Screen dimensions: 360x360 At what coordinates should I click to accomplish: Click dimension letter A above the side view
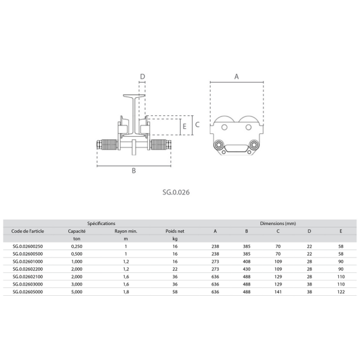point(236,77)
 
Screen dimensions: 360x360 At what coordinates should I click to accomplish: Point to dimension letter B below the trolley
point(134,170)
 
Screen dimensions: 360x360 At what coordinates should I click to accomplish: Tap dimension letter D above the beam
point(143,76)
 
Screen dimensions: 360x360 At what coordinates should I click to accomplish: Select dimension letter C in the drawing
point(197,125)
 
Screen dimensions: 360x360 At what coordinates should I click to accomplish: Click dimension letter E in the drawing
point(185,127)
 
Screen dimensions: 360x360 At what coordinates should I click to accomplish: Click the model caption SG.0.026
point(176,192)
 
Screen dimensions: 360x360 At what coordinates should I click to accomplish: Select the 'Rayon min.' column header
point(126,231)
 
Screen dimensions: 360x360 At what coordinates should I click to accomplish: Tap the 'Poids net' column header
point(175,231)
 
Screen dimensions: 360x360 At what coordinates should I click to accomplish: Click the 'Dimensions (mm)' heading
point(278,223)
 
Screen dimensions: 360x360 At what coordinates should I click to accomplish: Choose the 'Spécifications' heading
point(101,223)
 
